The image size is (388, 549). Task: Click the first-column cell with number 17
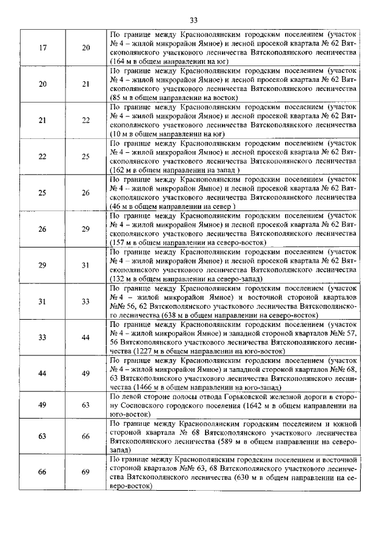[x=43, y=48]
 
